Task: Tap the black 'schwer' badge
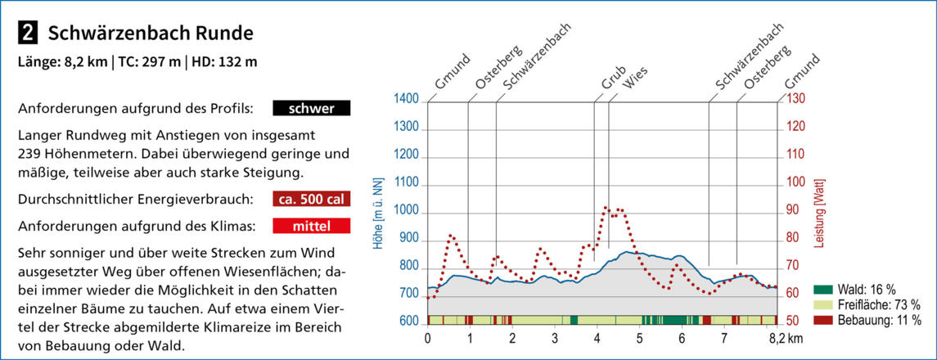[x=311, y=108]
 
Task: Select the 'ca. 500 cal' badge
[x=311, y=199]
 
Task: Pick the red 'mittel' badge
[x=311, y=225]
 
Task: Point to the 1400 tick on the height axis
[x=406, y=100]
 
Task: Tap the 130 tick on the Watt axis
[x=797, y=100]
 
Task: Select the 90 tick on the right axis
[x=794, y=210]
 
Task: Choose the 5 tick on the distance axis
[x=639, y=337]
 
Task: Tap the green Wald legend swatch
[x=823, y=290]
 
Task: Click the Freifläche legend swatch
[x=823, y=305]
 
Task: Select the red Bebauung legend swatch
[x=823, y=320]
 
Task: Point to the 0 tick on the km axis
[x=428, y=337]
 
